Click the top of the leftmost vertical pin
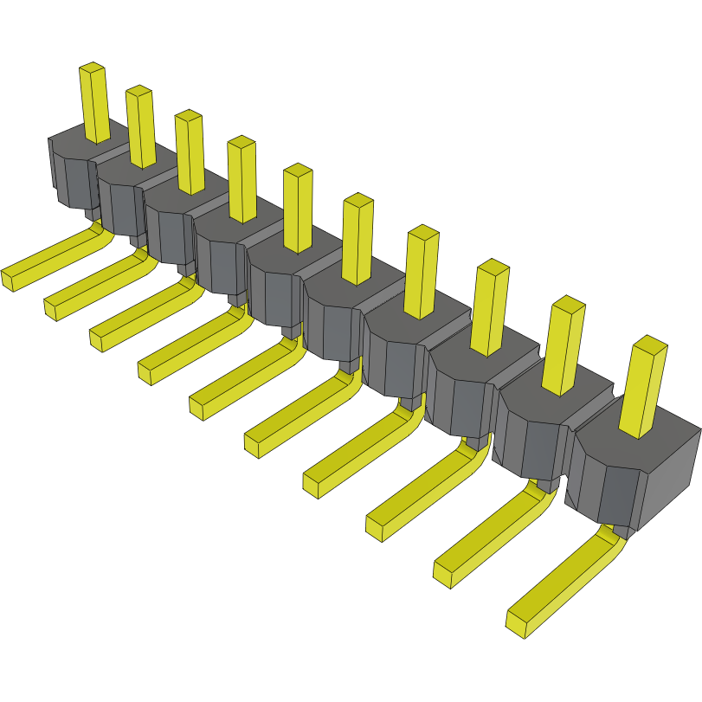[x=92, y=68]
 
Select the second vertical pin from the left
[x=140, y=126]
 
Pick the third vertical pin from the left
[x=190, y=151]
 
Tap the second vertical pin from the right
[x=565, y=343]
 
